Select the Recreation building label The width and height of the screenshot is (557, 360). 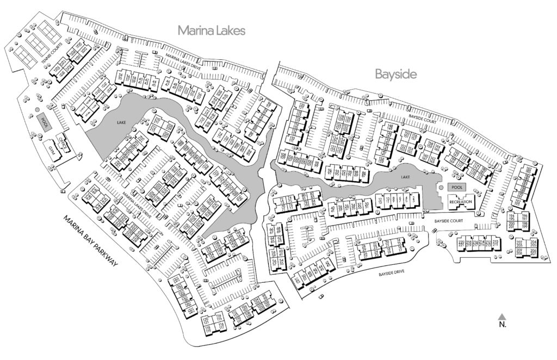460,202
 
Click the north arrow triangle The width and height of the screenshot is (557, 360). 503,316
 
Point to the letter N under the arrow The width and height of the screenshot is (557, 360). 503,325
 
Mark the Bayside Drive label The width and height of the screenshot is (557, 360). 394,276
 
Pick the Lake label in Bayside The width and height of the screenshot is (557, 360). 403,178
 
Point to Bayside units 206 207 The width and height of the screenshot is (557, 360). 534,253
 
